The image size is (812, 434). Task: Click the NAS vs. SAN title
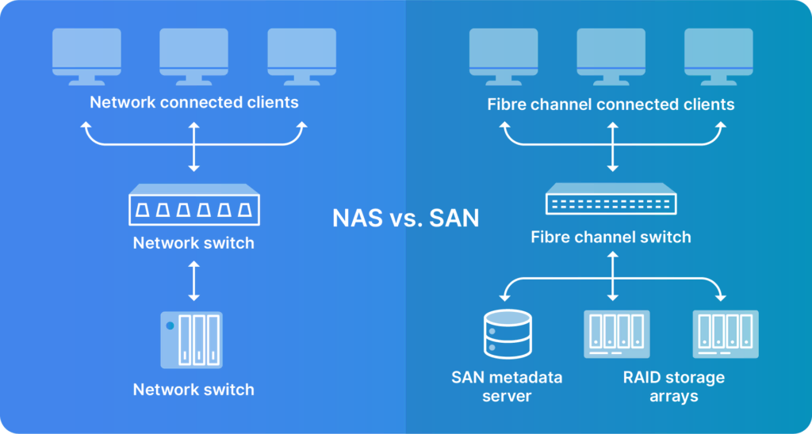click(x=405, y=217)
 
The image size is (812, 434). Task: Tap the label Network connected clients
click(x=193, y=102)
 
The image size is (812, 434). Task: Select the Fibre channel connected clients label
click(x=611, y=105)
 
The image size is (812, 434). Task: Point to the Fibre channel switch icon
click(x=611, y=203)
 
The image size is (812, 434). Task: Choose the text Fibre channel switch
click(x=611, y=237)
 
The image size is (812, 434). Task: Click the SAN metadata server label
click(x=507, y=386)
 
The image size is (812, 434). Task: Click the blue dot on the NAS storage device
click(x=169, y=325)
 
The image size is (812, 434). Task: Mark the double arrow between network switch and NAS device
click(x=193, y=280)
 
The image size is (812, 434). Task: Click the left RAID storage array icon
click(x=616, y=335)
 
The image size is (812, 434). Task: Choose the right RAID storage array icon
click(x=725, y=335)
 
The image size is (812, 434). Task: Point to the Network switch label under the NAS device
click(x=193, y=390)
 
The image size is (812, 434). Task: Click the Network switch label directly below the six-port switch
click(x=193, y=243)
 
